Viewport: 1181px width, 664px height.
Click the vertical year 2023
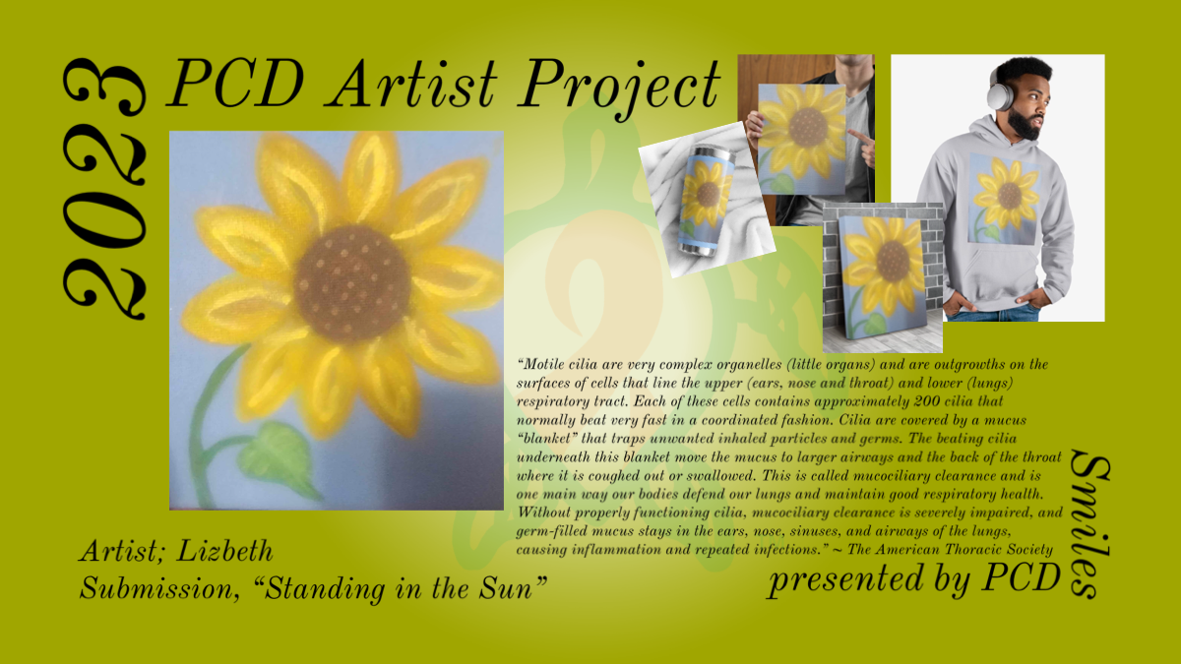coord(104,189)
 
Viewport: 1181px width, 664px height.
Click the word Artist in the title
coord(412,84)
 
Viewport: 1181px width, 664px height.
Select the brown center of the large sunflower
coord(352,284)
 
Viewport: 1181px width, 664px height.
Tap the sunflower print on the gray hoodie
coord(1005,199)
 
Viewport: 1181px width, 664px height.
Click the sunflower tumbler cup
coord(706,202)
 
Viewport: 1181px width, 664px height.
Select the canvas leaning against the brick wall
coord(883,277)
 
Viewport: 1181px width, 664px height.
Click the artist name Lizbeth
coord(224,551)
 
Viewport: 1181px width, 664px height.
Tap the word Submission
coord(156,588)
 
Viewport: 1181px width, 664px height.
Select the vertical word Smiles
coord(1089,524)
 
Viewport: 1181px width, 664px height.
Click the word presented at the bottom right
coord(846,579)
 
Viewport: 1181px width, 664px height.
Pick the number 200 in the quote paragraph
coord(927,401)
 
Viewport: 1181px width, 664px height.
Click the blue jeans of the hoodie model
coord(991,315)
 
